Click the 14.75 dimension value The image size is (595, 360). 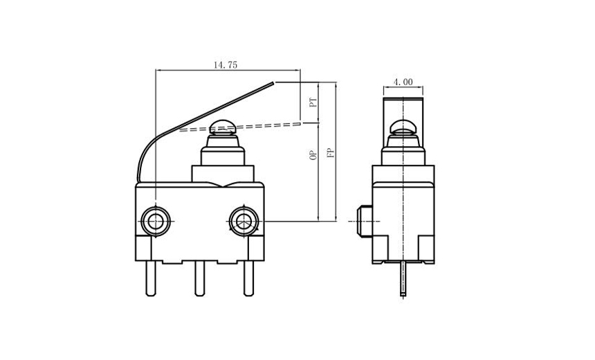(x=225, y=64)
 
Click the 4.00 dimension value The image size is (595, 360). (x=403, y=82)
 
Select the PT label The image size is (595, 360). (x=313, y=103)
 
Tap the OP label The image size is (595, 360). (x=313, y=156)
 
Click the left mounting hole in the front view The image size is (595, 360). (x=154, y=221)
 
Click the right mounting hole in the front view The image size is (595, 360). (x=242, y=221)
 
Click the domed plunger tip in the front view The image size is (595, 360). (x=222, y=127)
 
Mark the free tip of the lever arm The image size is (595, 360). (x=274, y=83)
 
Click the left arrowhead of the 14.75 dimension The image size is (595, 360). (x=158, y=70)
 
